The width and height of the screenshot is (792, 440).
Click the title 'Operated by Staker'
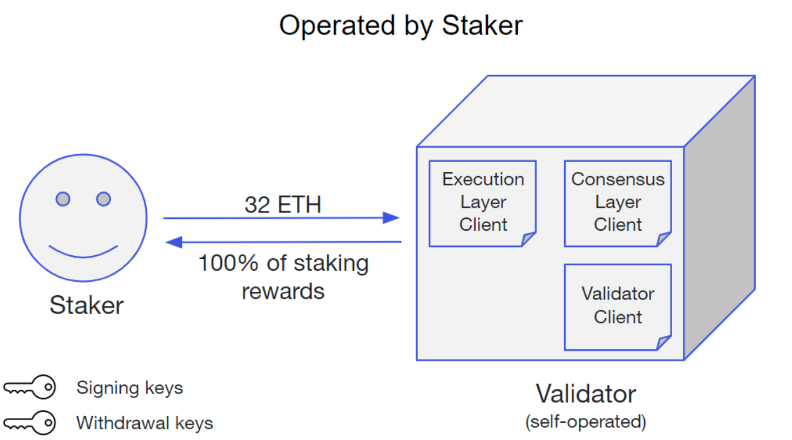pos(401,25)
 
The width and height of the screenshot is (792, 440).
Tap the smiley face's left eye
pos(63,199)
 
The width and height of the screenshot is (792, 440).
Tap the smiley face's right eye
pos(104,199)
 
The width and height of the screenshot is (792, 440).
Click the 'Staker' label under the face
pos(86,305)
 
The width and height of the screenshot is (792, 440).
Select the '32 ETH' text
pos(282,205)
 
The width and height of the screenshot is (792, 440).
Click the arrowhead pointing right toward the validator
pos(391,218)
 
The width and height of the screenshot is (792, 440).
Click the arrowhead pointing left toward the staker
pos(174,242)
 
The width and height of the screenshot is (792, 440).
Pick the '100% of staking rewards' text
pos(283,277)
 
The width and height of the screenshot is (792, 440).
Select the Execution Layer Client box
pos(482,203)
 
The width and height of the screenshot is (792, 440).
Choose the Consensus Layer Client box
pos(618,203)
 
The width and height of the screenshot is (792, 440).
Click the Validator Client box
pos(618,306)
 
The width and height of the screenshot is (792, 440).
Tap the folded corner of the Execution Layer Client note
pos(528,239)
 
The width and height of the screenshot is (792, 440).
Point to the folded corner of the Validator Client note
pos(664,343)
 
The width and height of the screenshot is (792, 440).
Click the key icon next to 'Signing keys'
pos(30,388)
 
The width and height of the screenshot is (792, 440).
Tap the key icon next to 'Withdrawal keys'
pos(30,423)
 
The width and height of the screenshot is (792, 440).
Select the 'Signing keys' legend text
pos(130,388)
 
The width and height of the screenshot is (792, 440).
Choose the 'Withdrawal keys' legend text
pos(145,423)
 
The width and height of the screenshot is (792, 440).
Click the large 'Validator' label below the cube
pos(585,394)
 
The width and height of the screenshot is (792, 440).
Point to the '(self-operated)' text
pos(585,422)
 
